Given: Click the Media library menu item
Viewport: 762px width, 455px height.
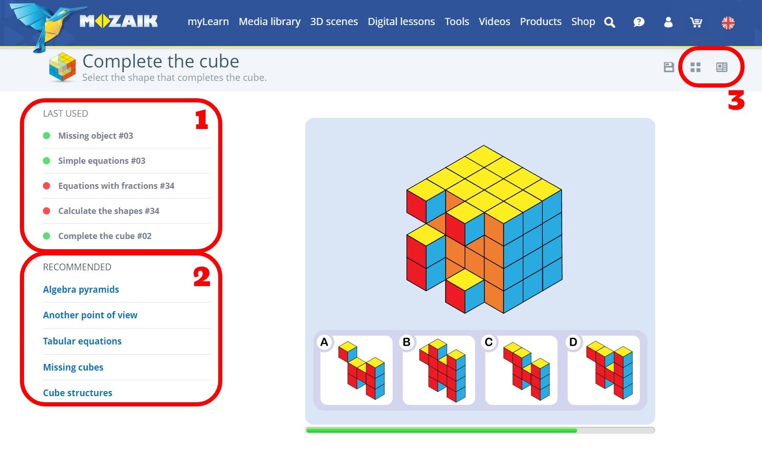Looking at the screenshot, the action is point(269,22).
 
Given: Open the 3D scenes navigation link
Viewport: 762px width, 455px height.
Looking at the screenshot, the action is point(334,22).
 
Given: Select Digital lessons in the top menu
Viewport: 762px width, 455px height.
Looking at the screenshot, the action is point(401,22).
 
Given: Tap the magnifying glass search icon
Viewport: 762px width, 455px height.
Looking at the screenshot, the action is point(610,23).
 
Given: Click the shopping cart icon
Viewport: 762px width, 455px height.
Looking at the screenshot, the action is point(696,23).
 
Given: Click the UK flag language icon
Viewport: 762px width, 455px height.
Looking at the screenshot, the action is point(728,23).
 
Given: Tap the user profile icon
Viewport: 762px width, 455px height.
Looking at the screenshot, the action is point(668,22).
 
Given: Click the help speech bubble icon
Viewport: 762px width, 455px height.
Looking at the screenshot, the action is point(639,22).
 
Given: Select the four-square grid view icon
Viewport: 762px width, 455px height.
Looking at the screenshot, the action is point(696,67).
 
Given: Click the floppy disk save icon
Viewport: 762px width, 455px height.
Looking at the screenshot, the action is point(669,67).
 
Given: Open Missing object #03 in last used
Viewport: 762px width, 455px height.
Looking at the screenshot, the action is point(96,136).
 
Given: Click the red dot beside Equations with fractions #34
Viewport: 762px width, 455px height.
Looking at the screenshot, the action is point(47,186).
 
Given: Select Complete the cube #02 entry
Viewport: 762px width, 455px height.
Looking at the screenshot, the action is point(105,235).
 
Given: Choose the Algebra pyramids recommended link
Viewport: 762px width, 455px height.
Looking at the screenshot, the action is point(81,290).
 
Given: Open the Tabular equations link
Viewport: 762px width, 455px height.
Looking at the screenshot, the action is point(82,341).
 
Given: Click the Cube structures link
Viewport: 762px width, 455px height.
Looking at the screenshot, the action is point(78,393).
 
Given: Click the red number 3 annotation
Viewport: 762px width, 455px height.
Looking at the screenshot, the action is point(736,100).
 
